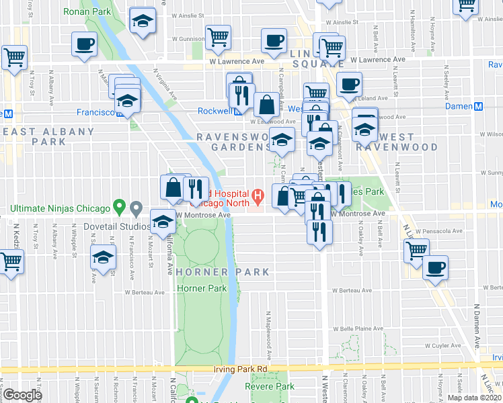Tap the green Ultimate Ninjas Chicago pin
click(x=119, y=206)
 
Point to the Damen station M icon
click(x=479, y=107)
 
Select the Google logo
click(x=24, y=396)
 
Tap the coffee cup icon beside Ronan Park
click(x=84, y=44)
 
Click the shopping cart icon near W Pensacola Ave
click(x=416, y=250)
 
